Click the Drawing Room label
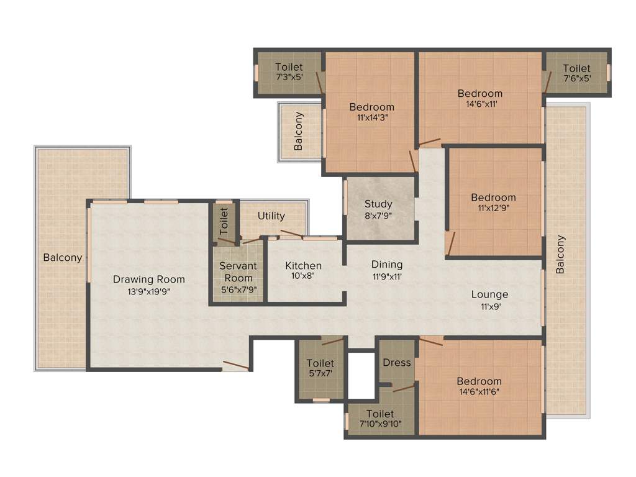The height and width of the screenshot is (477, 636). [x=148, y=279]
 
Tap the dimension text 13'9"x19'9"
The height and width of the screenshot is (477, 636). [x=148, y=291]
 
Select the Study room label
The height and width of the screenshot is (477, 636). [x=378, y=204]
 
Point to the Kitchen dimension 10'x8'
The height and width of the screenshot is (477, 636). [x=303, y=277]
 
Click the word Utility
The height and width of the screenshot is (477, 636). [x=271, y=216]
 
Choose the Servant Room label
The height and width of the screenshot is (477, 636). [x=238, y=272]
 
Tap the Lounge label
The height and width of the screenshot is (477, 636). [x=489, y=294]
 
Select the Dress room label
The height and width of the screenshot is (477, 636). [x=397, y=362]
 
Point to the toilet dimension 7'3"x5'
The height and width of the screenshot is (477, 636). [x=289, y=78]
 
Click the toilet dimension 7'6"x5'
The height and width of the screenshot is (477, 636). [x=576, y=78]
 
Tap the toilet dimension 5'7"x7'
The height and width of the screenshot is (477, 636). [x=320, y=374]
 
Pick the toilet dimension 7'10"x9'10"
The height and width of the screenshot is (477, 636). [x=379, y=424]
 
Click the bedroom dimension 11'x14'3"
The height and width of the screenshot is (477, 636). [x=371, y=117]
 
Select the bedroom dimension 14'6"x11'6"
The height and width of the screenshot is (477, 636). [x=479, y=392]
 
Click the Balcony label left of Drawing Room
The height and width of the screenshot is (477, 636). [x=62, y=257]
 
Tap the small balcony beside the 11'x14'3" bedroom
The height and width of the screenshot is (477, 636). [x=299, y=131]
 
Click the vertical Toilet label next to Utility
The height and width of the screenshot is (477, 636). [x=224, y=218]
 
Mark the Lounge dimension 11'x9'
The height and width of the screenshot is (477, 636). [x=489, y=306]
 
